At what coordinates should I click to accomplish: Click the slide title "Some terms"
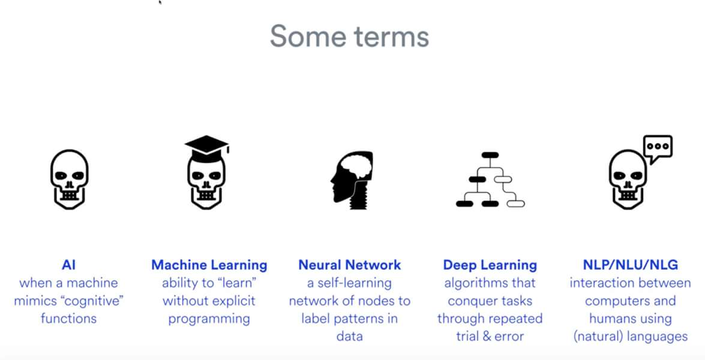pyautogui.click(x=349, y=36)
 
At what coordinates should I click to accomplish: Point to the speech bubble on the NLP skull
pyautogui.click(x=658, y=148)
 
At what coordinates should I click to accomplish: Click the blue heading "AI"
pyautogui.click(x=68, y=265)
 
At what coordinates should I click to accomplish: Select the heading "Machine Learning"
pyautogui.click(x=209, y=265)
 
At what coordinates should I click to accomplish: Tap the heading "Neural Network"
pyautogui.click(x=349, y=265)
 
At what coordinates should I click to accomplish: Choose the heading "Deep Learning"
pyautogui.click(x=490, y=265)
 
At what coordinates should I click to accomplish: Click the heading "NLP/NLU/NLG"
pyautogui.click(x=630, y=265)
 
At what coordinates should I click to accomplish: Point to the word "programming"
pyautogui.click(x=209, y=319)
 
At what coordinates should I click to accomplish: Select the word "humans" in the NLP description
pyautogui.click(x=613, y=319)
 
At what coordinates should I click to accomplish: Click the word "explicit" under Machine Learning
pyautogui.click(x=231, y=301)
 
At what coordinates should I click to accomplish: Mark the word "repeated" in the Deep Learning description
pyautogui.click(x=518, y=319)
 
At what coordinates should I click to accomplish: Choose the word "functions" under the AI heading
pyautogui.click(x=68, y=319)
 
